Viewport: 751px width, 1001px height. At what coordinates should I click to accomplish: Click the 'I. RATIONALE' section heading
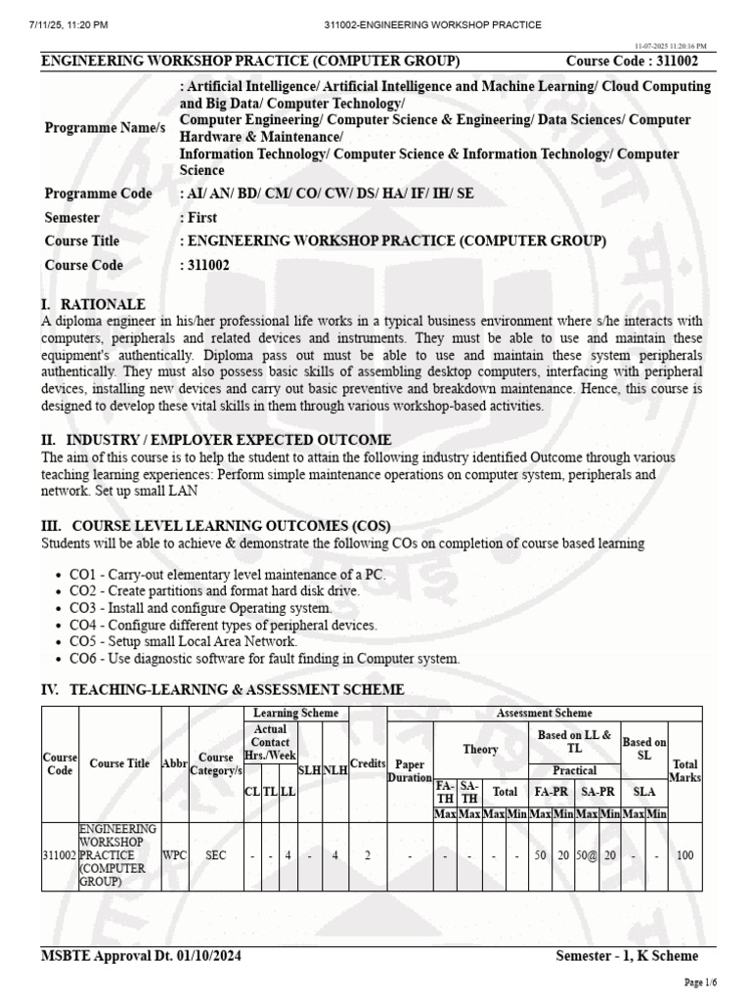coord(93,305)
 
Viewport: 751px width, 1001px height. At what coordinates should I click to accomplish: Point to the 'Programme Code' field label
coord(99,194)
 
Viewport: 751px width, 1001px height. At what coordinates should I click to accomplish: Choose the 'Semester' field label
coord(76,217)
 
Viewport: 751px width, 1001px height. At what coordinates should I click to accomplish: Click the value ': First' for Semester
coord(199,217)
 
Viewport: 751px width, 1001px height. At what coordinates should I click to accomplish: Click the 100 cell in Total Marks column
coord(685,855)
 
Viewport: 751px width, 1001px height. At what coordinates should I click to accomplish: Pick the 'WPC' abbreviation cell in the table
coord(175,855)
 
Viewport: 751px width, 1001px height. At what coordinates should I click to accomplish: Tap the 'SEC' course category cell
coord(216,855)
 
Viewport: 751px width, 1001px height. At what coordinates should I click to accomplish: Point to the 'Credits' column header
coord(367,762)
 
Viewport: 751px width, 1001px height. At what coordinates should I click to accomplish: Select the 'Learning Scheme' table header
coord(295,714)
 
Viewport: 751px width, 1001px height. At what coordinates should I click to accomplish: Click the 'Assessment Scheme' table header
coord(544,714)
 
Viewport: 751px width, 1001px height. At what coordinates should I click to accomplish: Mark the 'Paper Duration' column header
coord(410,770)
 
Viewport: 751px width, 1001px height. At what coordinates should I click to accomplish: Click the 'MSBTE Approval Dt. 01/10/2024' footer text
coord(143,955)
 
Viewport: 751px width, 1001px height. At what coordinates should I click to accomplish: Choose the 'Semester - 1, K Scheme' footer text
coord(627,955)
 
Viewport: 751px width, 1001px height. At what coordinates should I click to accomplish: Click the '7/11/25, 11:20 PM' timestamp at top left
coord(58,24)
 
